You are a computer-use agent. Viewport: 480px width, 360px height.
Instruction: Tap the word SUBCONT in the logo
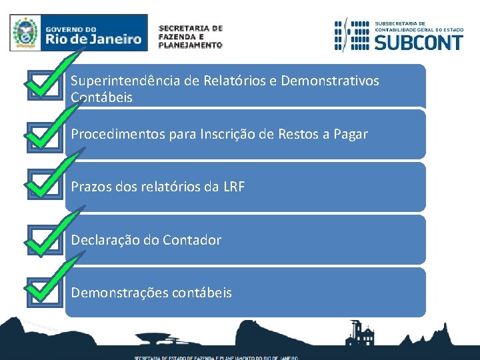click(x=418, y=43)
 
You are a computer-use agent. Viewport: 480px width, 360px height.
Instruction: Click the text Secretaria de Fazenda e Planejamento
click(x=190, y=37)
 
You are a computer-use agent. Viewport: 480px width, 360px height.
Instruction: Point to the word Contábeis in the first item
click(x=102, y=97)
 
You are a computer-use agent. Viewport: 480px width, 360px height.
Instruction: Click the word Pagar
click(x=348, y=135)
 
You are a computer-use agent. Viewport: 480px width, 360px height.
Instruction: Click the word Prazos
click(x=91, y=187)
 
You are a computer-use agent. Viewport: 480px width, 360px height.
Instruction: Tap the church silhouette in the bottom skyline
click(x=361, y=333)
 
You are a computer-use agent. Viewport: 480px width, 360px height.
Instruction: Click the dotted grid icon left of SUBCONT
click(x=351, y=35)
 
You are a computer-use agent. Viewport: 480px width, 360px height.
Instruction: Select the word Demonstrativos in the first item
click(x=330, y=81)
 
